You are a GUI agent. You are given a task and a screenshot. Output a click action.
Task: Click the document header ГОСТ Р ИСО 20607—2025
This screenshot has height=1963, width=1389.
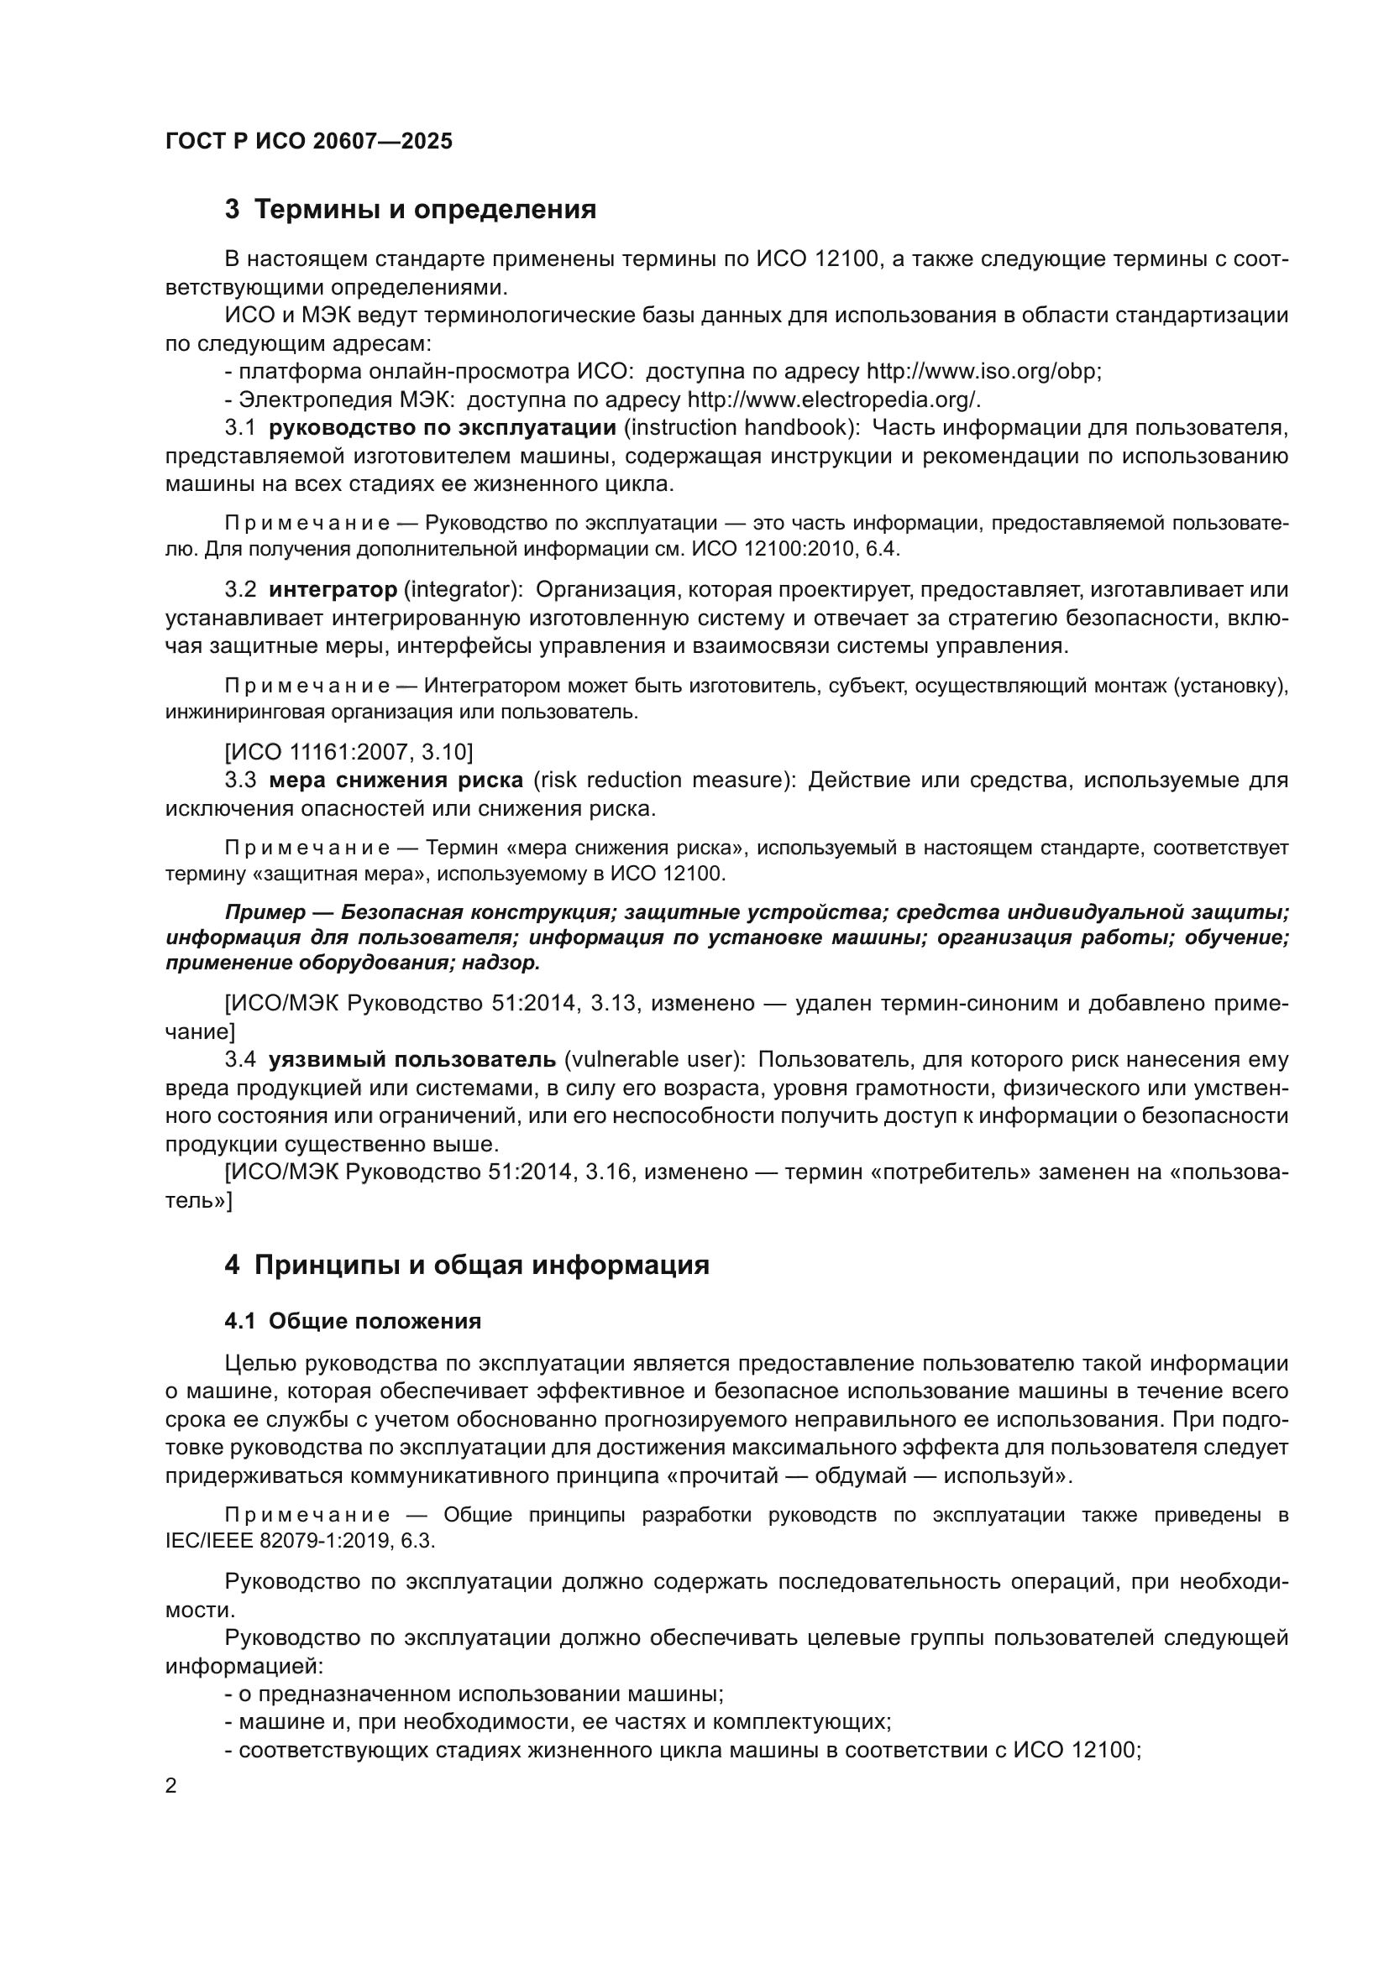click(309, 142)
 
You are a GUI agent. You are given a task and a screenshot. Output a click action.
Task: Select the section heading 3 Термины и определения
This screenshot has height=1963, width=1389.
click(411, 210)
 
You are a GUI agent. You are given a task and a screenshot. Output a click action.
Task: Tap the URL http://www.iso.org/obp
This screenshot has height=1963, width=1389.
click(983, 372)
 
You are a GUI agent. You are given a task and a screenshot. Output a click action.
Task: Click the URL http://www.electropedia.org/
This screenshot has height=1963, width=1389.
click(833, 400)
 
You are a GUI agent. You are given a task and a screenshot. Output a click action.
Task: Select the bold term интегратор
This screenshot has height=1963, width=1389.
click(333, 590)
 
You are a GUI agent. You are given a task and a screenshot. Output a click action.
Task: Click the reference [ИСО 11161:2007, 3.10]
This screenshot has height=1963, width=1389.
click(349, 752)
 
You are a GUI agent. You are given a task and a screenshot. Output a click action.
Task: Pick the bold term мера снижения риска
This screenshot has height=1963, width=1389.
click(396, 781)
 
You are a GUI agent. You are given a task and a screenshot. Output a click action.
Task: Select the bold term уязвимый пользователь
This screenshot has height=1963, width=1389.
click(411, 1060)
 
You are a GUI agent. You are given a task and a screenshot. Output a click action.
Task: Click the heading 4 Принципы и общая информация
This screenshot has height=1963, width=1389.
click(467, 1266)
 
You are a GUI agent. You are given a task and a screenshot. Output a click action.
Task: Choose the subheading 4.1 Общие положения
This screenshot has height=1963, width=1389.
click(353, 1322)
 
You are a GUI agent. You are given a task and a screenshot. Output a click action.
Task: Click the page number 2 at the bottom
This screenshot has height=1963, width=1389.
click(171, 1787)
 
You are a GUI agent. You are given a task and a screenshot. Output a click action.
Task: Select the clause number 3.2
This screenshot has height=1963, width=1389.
click(240, 590)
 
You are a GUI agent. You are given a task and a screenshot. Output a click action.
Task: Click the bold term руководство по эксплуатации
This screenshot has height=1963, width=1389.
click(443, 427)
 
